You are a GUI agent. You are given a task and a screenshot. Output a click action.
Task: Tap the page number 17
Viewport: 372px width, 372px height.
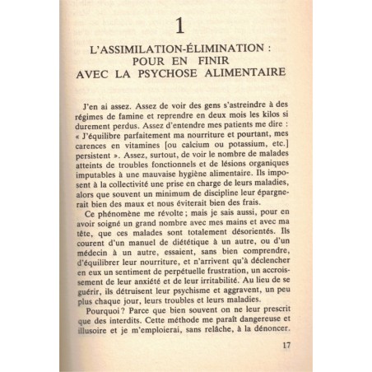coord(285,346)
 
